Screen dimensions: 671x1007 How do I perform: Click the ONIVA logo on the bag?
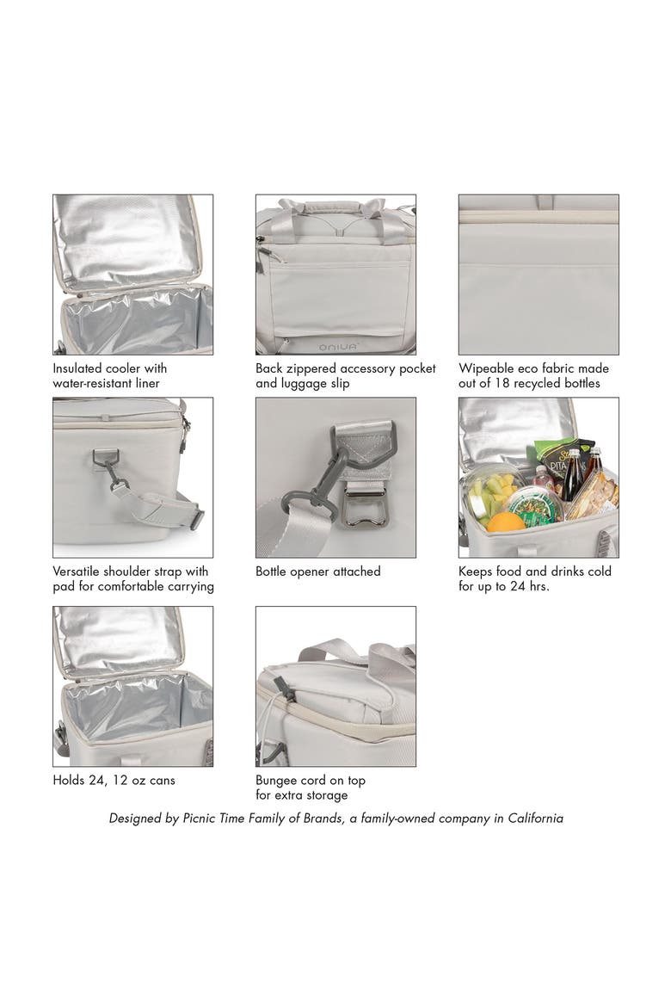339,347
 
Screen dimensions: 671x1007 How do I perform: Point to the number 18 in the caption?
502,383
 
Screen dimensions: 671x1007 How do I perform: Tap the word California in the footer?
536,819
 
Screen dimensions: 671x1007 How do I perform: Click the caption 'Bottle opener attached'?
317,571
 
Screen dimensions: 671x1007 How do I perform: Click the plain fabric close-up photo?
539,275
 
